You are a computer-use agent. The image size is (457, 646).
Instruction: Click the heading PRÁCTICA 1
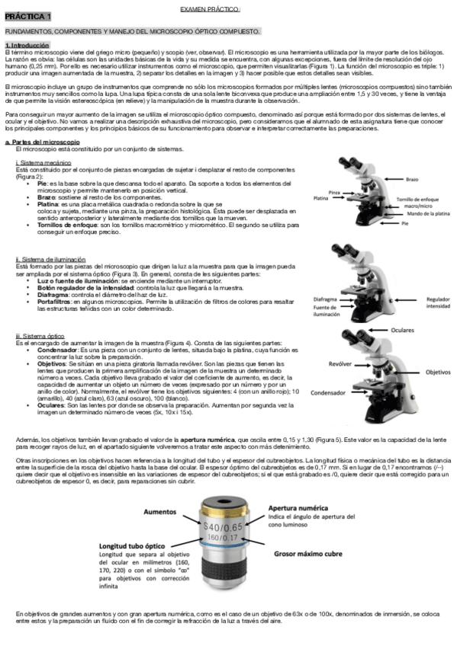tap(28, 16)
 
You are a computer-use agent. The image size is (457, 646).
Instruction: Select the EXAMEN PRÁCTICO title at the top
tap(210, 8)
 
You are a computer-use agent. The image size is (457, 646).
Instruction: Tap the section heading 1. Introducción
tap(27, 45)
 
